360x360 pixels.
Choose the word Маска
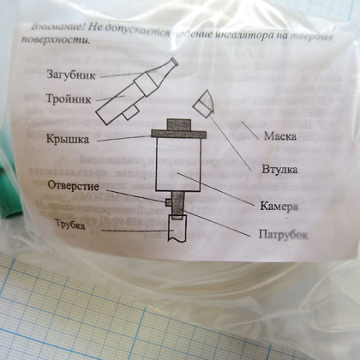point(280,136)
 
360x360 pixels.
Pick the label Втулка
point(279,169)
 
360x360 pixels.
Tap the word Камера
point(279,207)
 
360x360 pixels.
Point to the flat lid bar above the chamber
point(180,133)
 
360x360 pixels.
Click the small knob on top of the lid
point(180,123)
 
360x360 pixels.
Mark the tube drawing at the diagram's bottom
point(177,231)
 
